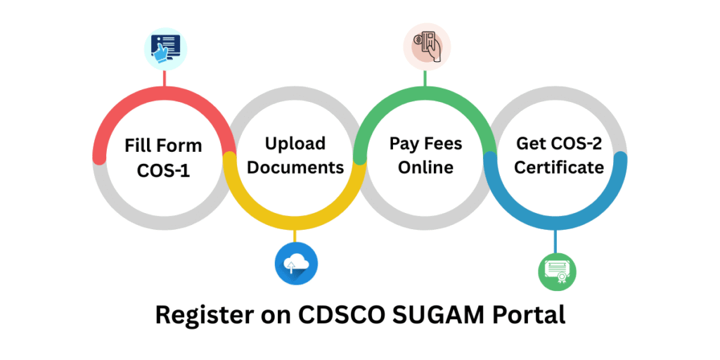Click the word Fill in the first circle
pos(139,146)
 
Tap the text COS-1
pos(163,171)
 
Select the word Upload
pos(295,144)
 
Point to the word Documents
pos(295,168)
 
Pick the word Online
pos(425,168)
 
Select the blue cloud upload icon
pos(295,264)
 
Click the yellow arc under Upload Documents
pos(295,222)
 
